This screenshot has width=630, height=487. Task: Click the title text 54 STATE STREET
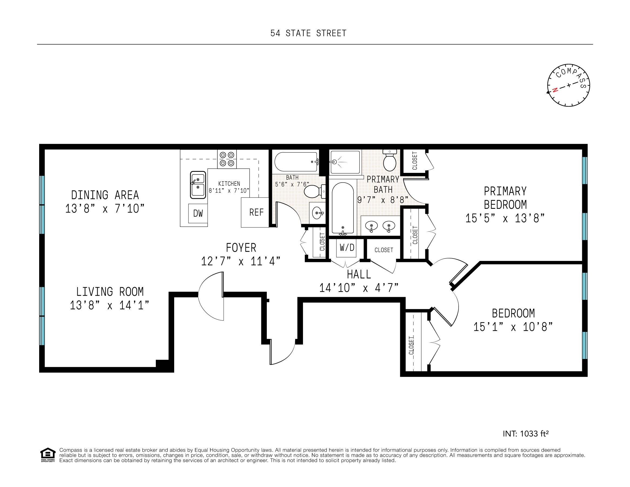pyautogui.click(x=308, y=33)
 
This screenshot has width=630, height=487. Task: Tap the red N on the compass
pyautogui.click(x=555, y=89)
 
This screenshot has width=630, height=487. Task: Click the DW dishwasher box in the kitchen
pyautogui.click(x=198, y=213)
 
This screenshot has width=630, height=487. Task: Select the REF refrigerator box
pyautogui.click(x=255, y=212)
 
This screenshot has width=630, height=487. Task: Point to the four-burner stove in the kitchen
pyautogui.click(x=227, y=159)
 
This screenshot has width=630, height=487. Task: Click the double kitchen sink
pyautogui.click(x=198, y=185)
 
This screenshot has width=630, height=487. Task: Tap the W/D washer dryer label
pyautogui.click(x=347, y=247)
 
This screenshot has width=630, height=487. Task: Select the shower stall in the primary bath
pyautogui.click(x=345, y=162)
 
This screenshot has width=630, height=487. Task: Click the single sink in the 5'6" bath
pyautogui.click(x=317, y=213)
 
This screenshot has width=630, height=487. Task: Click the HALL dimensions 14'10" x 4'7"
pyautogui.click(x=359, y=288)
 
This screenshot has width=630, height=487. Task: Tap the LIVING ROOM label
pyautogui.click(x=110, y=292)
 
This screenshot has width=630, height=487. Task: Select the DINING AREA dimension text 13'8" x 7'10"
pyautogui.click(x=105, y=208)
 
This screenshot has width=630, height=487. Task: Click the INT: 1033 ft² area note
pyautogui.click(x=525, y=434)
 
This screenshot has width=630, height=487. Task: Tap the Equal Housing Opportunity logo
pyautogui.click(x=48, y=455)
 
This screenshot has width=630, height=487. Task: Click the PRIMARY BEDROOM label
pyautogui.click(x=505, y=198)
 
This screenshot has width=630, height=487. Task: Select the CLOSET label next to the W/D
pyautogui.click(x=384, y=250)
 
